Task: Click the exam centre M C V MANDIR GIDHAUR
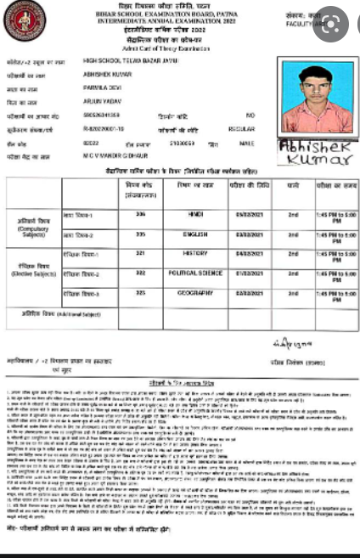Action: (x=115, y=157)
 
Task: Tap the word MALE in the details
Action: (x=247, y=144)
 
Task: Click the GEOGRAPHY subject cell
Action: (x=195, y=293)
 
